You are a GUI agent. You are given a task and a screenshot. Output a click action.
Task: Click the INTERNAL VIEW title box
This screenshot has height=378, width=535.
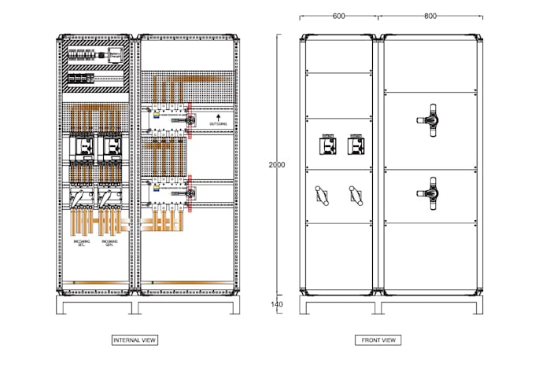click(x=135, y=340)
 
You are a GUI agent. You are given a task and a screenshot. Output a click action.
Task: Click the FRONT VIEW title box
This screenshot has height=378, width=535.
click(x=379, y=340)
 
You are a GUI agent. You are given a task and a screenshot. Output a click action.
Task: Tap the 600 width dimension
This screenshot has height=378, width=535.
click(x=339, y=16)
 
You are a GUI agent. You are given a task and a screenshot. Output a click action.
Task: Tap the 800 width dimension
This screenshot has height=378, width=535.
click(x=430, y=16)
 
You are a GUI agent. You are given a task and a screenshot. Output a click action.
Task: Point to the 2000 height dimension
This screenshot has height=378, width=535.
click(x=276, y=165)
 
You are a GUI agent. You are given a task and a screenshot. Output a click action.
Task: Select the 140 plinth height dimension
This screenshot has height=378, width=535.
click(x=276, y=304)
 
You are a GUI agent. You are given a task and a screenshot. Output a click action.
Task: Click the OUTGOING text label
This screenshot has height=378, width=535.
click(x=220, y=124)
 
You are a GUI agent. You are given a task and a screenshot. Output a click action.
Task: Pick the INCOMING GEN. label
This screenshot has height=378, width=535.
click(x=110, y=243)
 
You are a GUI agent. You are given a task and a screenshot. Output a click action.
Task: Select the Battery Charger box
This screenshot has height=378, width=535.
click(x=116, y=53)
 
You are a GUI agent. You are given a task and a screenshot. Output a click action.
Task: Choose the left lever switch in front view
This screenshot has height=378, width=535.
click(x=322, y=193)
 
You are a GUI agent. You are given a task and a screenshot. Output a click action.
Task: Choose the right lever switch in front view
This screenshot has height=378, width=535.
click(x=354, y=193)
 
